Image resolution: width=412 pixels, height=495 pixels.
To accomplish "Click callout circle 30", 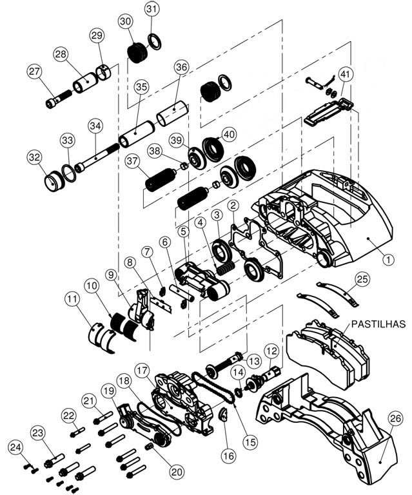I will click(126, 21).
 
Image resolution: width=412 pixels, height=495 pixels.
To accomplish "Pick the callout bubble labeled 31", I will click(151, 9).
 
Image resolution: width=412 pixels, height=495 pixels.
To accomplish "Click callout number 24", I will click(16, 445).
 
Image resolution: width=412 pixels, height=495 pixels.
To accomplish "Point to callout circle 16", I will click(229, 455).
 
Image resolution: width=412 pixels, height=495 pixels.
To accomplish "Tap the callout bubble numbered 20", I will click(177, 471).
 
